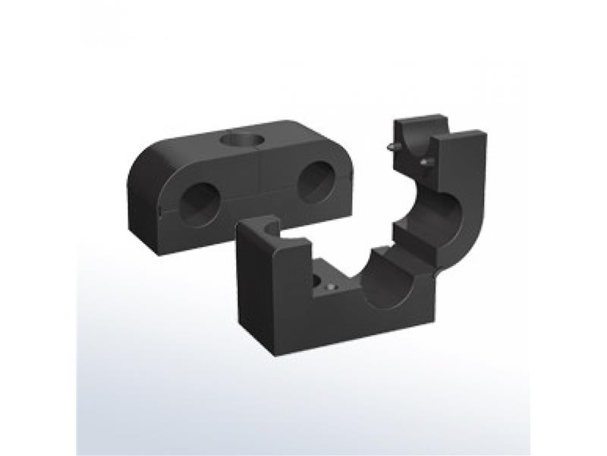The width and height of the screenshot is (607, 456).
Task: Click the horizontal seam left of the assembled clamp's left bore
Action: point(161,204)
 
